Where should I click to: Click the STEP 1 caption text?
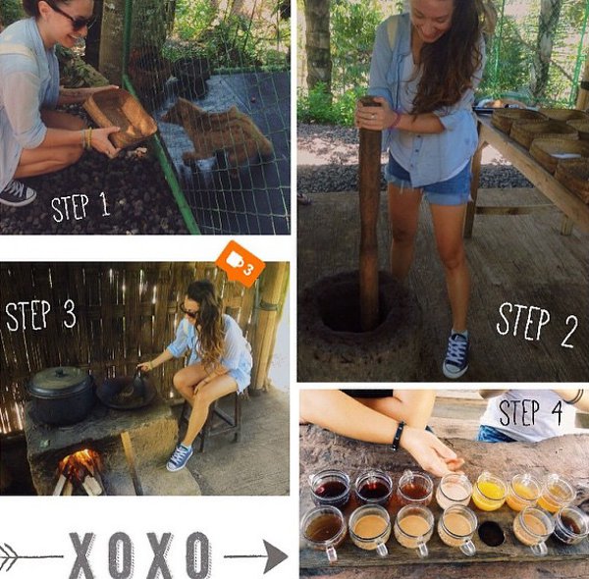tap(80, 207)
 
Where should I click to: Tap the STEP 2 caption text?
tap(537, 325)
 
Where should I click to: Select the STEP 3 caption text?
tap(40, 315)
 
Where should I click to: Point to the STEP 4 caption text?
tap(531, 412)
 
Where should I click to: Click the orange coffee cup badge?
tap(241, 264)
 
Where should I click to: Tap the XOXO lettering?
tap(140, 554)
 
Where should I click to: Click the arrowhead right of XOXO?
tap(275, 556)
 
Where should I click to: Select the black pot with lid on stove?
tap(61, 395)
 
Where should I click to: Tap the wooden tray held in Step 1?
tap(120, 117)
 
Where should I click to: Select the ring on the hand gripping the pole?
tap(373, 117)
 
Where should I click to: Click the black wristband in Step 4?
tap(398, 436)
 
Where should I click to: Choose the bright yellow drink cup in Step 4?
tap(489, 492)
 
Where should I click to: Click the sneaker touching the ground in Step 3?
tap(180, 457)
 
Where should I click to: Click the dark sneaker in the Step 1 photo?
tap(17, 193)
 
